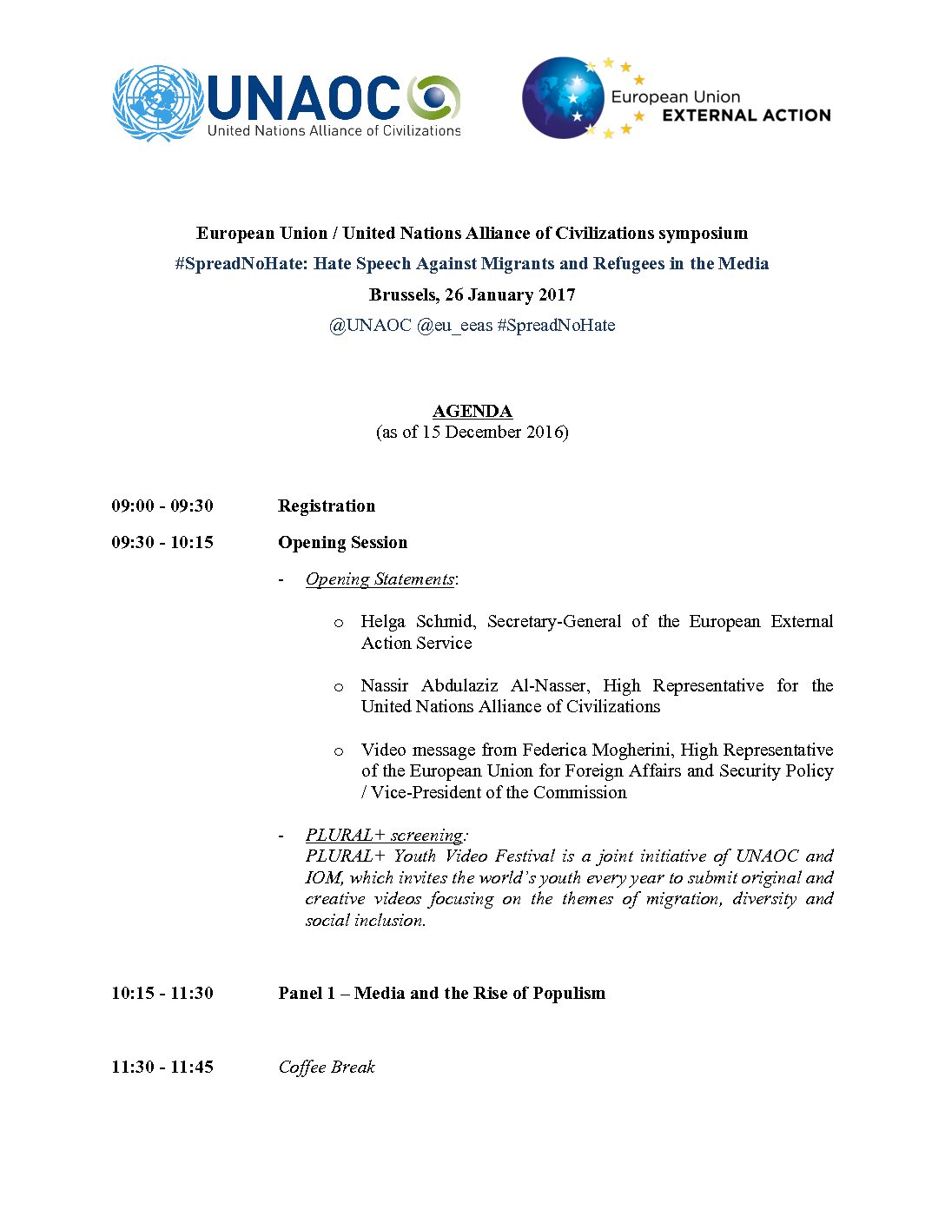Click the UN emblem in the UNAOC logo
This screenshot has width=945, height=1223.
tap(157, 103)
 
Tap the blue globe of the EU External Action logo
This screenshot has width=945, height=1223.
tap(563, 97)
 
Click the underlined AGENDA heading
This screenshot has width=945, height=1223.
tap(472, 411)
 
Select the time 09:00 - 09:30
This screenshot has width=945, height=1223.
tap(162, 506)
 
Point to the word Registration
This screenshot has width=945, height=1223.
tap(327, 506)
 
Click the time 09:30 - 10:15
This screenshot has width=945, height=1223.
tap(162, 542)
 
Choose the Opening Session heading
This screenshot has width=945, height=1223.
tap(342, 542)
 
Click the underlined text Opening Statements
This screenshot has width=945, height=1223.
tap(380, 579)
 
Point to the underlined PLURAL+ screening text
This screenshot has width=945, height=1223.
tap(385, 835)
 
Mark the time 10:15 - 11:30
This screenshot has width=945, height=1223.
tap(162, 993)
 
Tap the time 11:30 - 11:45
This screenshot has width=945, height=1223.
tap(162, 1067)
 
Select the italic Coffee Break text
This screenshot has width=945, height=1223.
tap(327, 1067)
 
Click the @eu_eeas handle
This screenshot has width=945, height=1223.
tap(454, 326)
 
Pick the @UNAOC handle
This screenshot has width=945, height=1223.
tap(370, 326)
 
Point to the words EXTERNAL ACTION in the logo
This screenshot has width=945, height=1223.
tap(746, 116)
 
